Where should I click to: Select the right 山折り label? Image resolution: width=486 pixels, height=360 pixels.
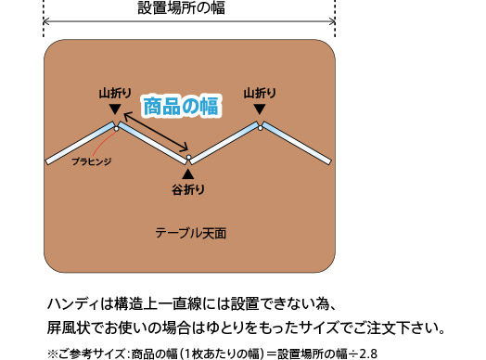(x=260, y=94)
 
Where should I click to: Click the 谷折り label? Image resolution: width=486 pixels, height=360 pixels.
(x=188, y=191)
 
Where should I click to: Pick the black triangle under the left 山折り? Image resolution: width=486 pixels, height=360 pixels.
(x=113, y=109)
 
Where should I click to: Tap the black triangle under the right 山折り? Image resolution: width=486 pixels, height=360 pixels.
(x=260, y=109)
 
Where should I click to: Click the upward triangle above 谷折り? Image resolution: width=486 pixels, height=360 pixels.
(x=188, y=174)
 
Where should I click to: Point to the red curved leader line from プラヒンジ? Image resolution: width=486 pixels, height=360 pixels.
(x=100, y=144)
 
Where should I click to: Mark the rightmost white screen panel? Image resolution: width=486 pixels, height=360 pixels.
(x=297, y=143)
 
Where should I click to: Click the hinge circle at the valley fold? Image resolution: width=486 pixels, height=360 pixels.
(x=188, y=159)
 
